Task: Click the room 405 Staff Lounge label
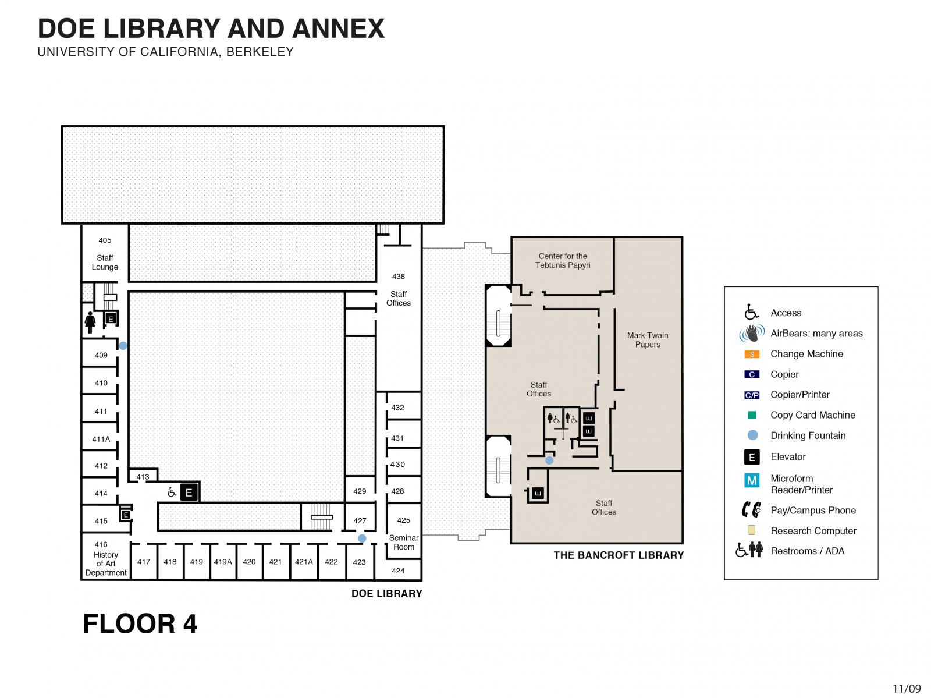point(105,254)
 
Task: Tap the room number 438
point(398,277)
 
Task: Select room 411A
point(101,439)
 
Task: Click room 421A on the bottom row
point(304,562)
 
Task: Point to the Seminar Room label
point(403,542)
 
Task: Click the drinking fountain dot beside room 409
point(123,346)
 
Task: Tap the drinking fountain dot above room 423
point(362,538)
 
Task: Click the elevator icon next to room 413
point(189,493)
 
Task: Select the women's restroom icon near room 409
point(90,322)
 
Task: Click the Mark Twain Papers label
point(648,340)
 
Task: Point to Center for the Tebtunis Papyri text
point(563,260)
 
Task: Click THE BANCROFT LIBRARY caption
point(619,555)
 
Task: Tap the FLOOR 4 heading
point(140,624)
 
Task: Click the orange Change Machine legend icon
point(752,354)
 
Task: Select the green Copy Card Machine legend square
point(752,415)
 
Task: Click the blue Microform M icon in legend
point(752,480)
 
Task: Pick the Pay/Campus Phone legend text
point(813,511)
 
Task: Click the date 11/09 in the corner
point(907,689)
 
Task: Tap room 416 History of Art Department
point(105,559)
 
